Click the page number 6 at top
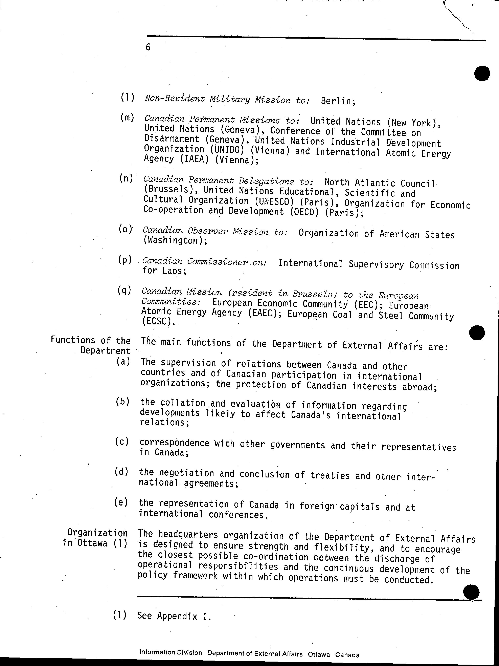click(148, 47)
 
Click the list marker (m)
click(127, 118)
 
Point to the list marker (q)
click(124, 290)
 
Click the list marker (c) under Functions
click(122, 442)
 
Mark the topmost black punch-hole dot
click(482, 73)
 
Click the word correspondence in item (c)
click(174, 443)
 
